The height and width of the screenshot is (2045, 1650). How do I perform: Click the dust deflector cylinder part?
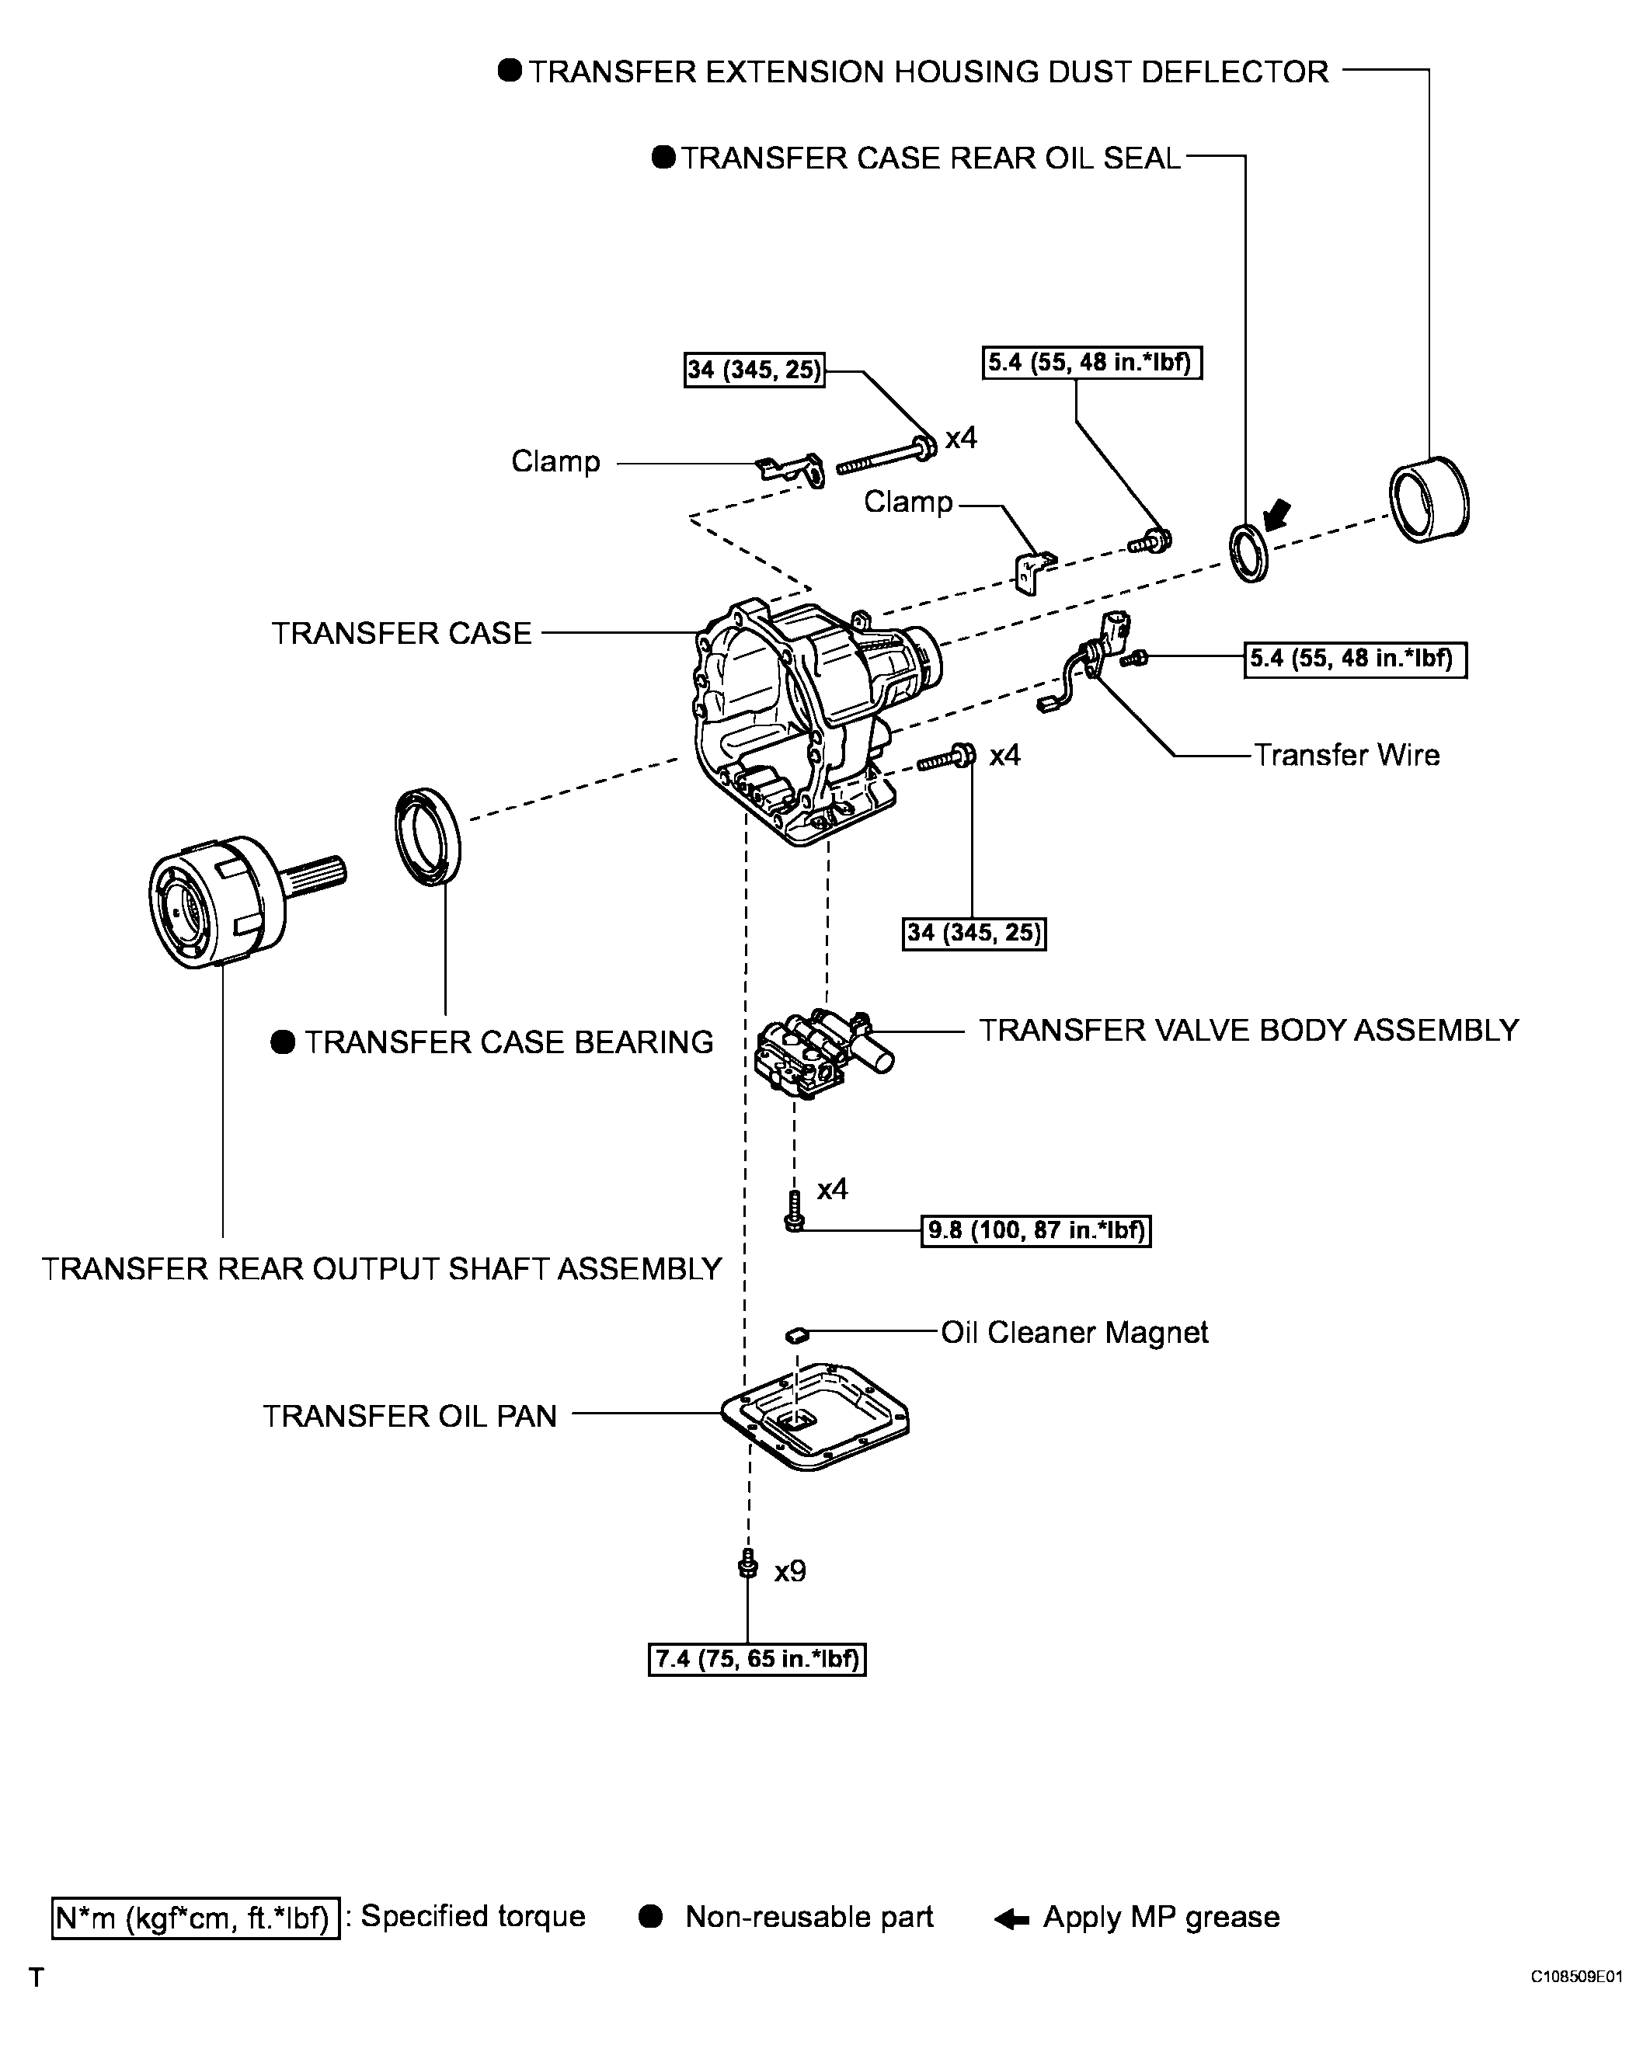coord(1429,500)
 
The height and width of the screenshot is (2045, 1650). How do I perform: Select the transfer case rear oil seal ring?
coord(1248,552)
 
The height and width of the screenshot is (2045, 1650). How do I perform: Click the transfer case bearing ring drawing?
coord(428,837)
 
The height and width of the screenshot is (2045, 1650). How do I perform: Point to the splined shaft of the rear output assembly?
coord(318,875)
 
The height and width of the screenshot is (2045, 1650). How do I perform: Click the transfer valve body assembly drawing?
coord(816,1055)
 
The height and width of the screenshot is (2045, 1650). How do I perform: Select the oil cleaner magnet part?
coord(796,1334)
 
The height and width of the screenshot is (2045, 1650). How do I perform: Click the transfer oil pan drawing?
coord(816,1417)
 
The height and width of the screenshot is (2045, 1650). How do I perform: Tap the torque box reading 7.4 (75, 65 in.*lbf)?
coord(757,1659)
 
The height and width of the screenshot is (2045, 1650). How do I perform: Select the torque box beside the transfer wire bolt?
coord(1354,659)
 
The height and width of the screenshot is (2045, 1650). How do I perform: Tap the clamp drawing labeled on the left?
coord(790,469)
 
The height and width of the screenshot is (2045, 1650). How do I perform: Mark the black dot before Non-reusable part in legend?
coord(650,1917)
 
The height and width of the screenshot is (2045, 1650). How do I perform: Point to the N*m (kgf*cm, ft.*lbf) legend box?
coord(195,1918)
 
